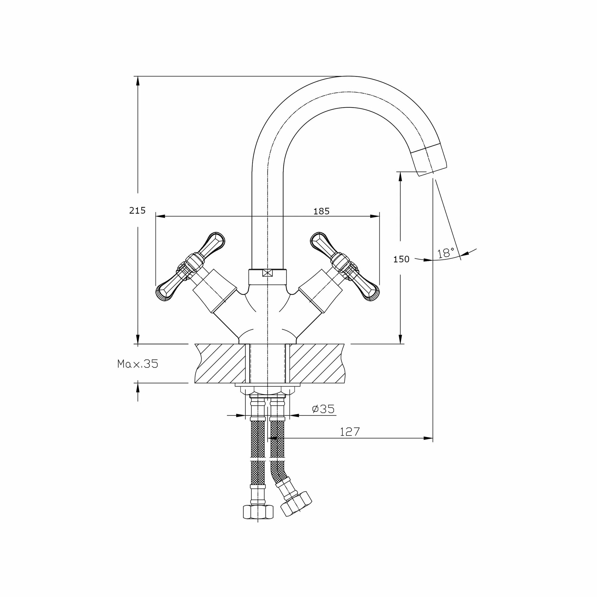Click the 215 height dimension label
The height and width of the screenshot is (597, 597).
click(x=137, y=210)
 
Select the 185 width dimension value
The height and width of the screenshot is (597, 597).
click(x=321, y=211)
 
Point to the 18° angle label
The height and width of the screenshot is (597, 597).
click(x=446, y=253)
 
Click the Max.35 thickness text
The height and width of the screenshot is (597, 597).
click(x=138, y=364)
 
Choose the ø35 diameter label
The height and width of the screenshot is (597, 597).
click(x=323, y=409)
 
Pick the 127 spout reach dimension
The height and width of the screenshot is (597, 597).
click(x=350, y=432)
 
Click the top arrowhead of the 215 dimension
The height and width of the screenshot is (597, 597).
click(x=138, y=81)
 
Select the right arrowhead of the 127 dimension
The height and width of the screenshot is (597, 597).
click(x=428, y=438)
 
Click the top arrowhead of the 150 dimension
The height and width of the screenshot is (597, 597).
click(x=401, y=176)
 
